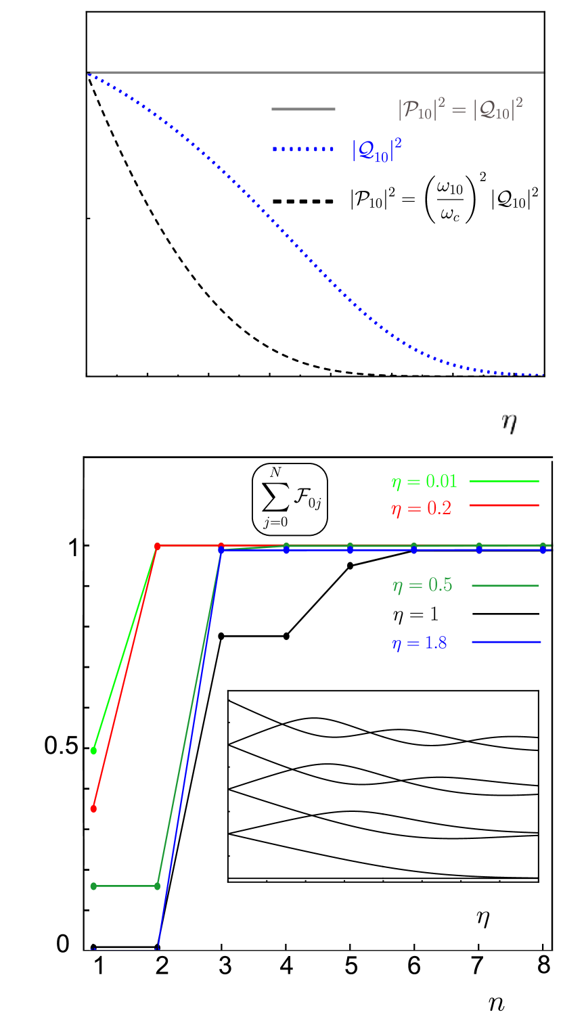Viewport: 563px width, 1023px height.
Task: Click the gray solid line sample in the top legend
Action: (x=303, y=109)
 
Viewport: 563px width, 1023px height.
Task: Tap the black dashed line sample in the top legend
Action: (x=303, y=201)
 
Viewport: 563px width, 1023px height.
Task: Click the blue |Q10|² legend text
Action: (x=372, y=150)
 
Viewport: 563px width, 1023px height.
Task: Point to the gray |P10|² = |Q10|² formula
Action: (x=460, y=109)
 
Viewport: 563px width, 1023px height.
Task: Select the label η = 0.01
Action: (x=424, y=482)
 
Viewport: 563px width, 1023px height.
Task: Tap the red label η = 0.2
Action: (x=421, y=509)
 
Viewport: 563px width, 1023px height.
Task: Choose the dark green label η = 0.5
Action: (x=422, y=585)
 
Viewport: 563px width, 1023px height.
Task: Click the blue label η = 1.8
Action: (x=419, y=643)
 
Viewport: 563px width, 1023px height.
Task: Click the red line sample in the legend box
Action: (x=504, y=505)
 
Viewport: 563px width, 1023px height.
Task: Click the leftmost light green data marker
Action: (x=93, y=750)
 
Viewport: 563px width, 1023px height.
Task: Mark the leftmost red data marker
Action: (x=93, y=809)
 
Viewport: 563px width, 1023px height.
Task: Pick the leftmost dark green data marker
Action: (x=93, y=886)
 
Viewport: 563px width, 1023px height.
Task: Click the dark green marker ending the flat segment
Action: (x=158, y=886)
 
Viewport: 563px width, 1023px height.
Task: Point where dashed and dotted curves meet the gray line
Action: (x=87, y=72)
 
